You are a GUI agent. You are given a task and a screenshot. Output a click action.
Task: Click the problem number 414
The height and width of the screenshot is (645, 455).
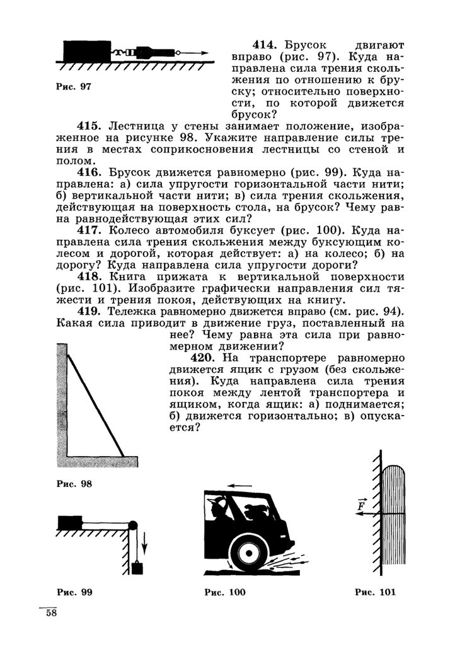pyautogui.click(x=265, y=46)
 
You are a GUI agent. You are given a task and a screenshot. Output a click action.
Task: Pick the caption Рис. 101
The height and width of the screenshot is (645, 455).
pyautogui.click(x=376, y=592)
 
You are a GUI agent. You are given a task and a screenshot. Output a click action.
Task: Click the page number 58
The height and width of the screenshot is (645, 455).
pyautogui.click(x=50, y=614)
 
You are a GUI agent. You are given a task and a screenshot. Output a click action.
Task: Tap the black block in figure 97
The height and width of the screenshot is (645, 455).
pyautogui.click(x=87, y=51)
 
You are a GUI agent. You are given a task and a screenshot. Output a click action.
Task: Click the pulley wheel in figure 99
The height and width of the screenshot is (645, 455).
pyautogui.click(x=132, y=526)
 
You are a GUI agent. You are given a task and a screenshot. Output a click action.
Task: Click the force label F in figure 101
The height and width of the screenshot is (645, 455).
pyautogui.click(x=362, y=505)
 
